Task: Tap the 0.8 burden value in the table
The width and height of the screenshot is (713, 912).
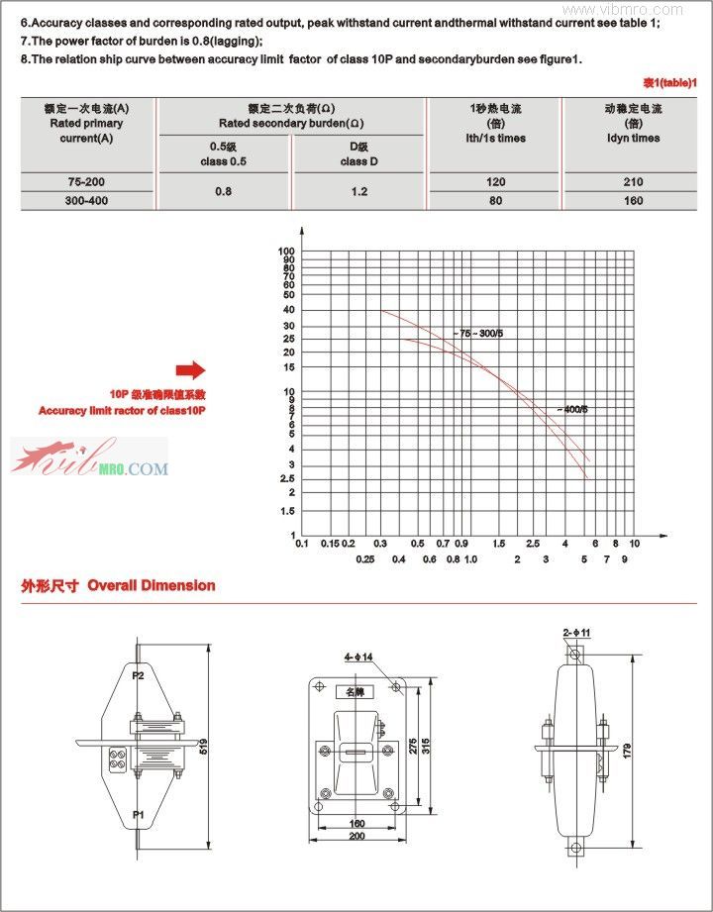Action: point(224,191)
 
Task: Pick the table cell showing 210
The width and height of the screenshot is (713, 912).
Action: point(633,182)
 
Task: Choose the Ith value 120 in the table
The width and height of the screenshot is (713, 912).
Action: point(495,182)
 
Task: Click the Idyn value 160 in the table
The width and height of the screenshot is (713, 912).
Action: point(633,200)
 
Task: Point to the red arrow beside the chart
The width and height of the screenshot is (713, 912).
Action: point(190,370)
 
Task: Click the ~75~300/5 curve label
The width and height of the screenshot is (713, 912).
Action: point(479,334)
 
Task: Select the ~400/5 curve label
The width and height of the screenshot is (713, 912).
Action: point(571,409)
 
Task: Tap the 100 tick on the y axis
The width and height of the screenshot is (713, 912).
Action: point(287,252)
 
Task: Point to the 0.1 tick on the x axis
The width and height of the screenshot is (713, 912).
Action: point(302,543)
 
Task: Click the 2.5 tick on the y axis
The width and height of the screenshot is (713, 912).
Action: point(287,479)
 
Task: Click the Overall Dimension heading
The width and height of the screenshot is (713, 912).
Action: point(151,585)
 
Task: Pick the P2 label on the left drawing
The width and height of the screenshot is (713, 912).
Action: point(139,676)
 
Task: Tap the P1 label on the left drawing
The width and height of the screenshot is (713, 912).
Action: point(139,814)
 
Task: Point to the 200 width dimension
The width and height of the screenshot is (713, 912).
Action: point(357,838)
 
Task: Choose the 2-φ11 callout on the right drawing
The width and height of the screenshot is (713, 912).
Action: point(576,632)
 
